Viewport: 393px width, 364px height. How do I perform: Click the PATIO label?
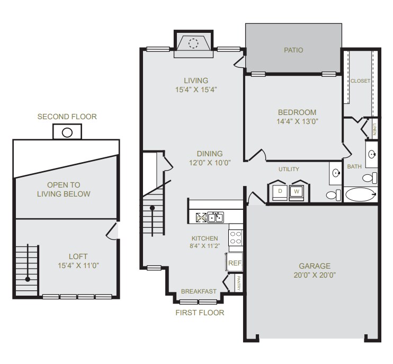293,51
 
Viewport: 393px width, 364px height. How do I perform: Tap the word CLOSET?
360,81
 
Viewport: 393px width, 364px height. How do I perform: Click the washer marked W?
297,191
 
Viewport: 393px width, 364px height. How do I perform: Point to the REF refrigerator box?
234,262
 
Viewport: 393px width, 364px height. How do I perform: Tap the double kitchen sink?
215,217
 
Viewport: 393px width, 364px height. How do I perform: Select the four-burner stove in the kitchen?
235,238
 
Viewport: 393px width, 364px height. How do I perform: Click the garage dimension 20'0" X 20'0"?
314,275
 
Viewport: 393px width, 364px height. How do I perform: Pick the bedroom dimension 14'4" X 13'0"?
297,121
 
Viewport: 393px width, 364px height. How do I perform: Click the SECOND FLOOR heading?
67,117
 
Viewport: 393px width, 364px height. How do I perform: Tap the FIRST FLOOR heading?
200,313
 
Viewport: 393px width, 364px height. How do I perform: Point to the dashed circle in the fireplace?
194,43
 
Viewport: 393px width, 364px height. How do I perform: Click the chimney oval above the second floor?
67,132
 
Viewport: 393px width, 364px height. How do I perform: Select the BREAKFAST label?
199,291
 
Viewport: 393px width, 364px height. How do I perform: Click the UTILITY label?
289,170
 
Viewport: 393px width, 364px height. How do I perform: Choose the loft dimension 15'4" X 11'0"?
79,265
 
